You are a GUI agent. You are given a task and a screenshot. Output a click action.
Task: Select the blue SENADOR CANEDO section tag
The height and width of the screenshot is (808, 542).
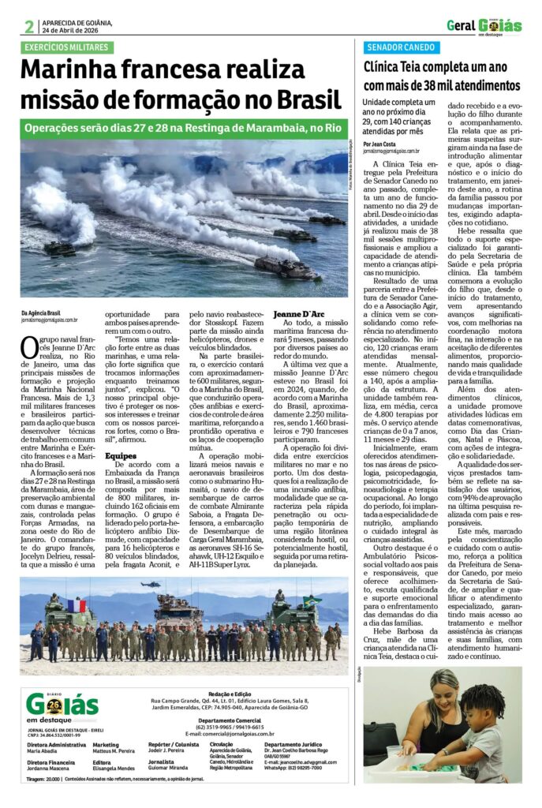pyautogui.click(x=401, y=47)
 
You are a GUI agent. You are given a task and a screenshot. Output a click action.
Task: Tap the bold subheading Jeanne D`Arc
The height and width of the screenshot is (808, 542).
pyautogui.click(x=298, y=314)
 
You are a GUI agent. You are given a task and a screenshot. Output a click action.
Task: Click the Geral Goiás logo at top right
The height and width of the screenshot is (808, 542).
pyautogui.click(x=484, y=26)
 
